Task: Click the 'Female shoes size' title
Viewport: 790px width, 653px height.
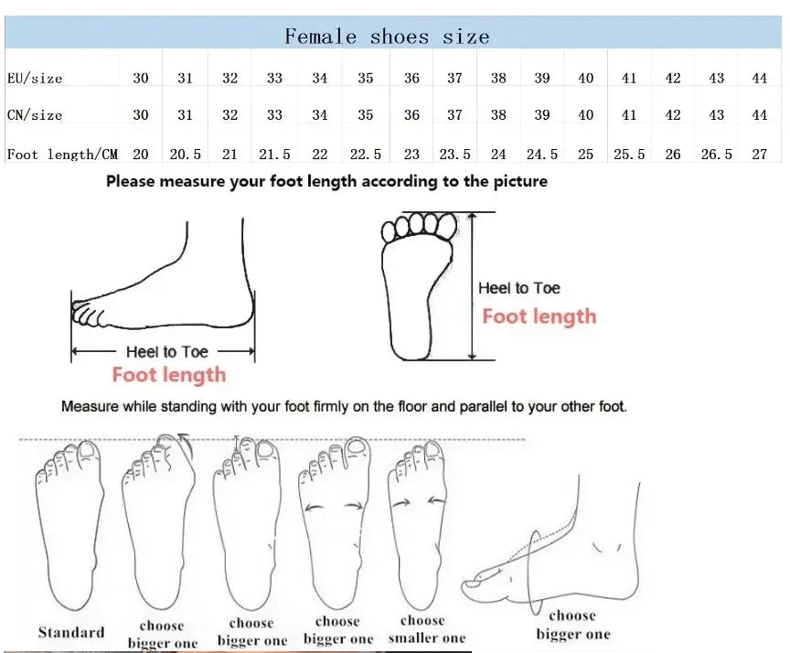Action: [387, 37]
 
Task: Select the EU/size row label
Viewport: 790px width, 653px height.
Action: [35, 78]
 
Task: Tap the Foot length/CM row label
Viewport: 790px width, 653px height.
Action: [62, 154]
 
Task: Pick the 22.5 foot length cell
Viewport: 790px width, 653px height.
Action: [365, 155]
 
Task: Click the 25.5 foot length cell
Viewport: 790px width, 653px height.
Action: [629, 155]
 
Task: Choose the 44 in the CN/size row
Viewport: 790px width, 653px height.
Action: [759, 115]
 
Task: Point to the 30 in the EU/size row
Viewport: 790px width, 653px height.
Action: [141, 78]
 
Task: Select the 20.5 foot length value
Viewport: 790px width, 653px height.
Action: [185, 155]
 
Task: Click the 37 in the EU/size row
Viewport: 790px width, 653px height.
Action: [454, 78]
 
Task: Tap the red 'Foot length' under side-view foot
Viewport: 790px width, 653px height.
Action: [169, 375]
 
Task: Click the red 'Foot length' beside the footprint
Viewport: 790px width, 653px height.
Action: [539, 316]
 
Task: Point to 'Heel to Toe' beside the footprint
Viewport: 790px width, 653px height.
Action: [519, 288]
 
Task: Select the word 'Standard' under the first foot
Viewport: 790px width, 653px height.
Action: [71, 632]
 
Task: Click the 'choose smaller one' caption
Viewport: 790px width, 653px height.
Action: [427, 629]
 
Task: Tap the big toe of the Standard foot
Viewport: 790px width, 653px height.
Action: [89, 452]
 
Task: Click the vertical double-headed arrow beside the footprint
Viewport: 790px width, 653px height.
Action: [472, 286]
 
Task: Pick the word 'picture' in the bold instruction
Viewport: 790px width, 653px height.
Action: [520, 181]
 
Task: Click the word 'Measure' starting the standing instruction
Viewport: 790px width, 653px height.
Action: [90, 406]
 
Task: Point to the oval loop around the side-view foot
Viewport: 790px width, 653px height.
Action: [529, 573]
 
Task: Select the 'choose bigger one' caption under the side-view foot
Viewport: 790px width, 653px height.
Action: [573, 625]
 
